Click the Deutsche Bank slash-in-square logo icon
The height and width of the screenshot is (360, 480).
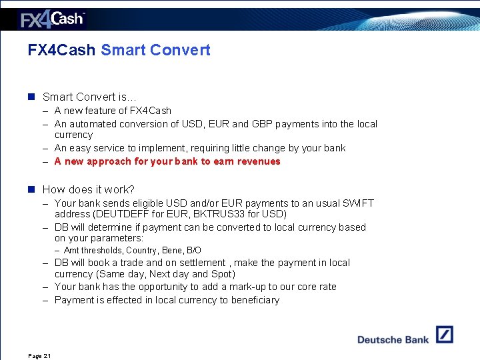point(445,335)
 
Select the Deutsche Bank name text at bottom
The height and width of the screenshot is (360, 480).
point(393,339)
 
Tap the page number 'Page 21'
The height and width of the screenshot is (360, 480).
point(39,356)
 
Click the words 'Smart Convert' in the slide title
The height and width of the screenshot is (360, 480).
point(155,50)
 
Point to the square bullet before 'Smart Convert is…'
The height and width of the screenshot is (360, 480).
point(31,97)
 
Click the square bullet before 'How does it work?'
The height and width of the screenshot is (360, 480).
point(31,190)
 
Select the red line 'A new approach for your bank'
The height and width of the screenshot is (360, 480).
point(167,161)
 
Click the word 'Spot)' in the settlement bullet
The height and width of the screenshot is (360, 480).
point(221,274)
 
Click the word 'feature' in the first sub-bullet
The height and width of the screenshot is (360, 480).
point(109,111)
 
